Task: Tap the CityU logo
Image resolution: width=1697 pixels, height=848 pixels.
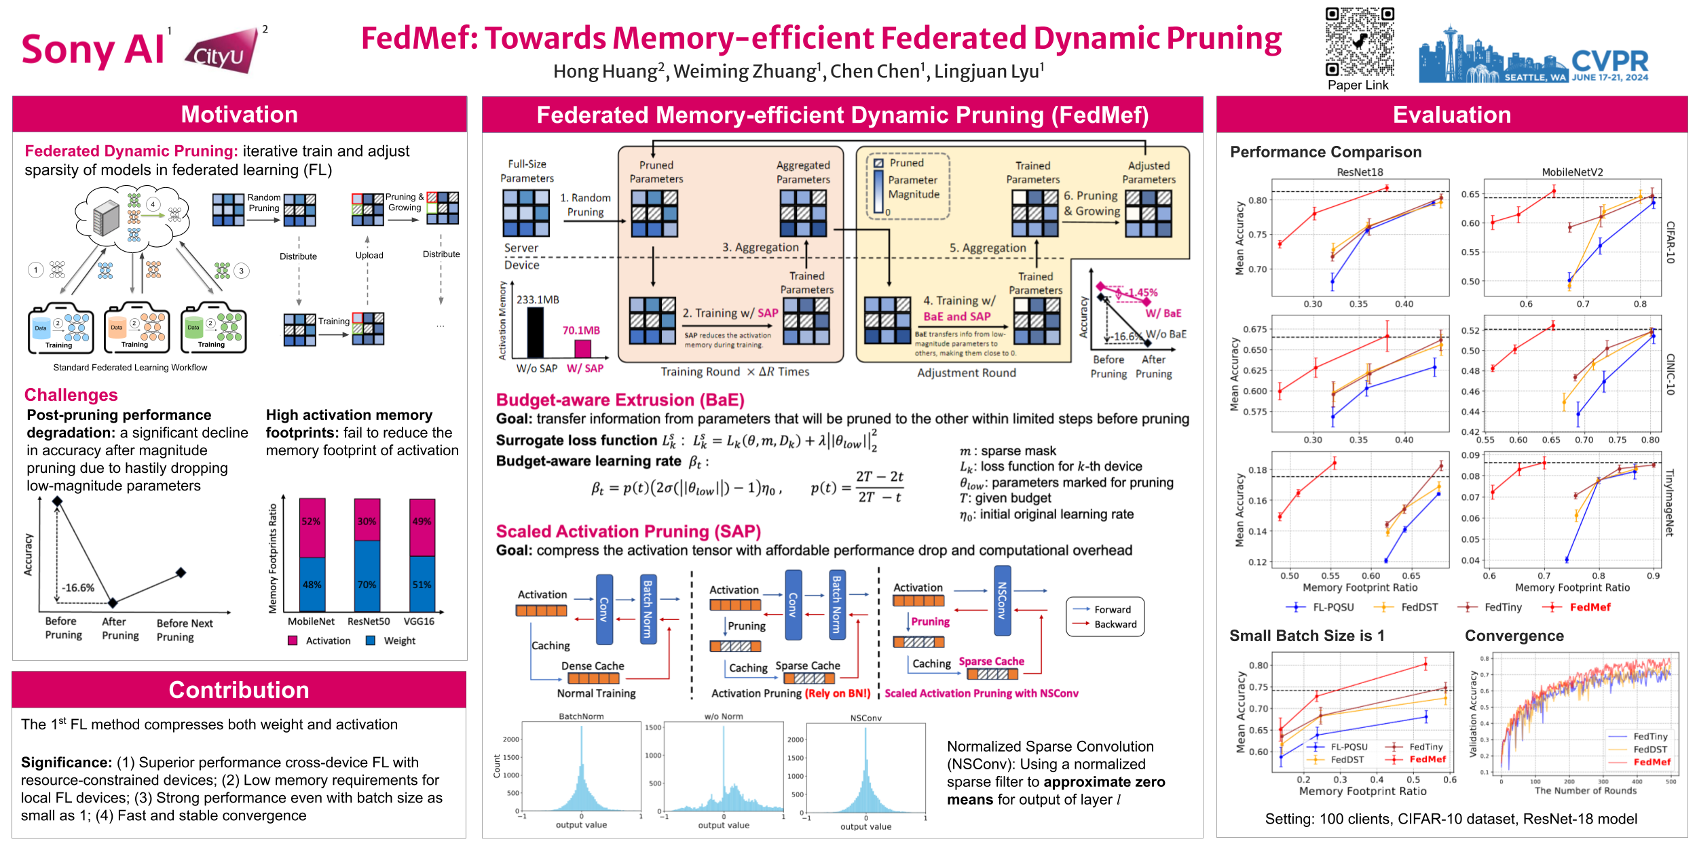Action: click(222, 52)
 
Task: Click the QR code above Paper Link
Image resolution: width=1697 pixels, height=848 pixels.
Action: click(1360, 42)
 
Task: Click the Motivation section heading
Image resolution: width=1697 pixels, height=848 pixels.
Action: click(239, 114)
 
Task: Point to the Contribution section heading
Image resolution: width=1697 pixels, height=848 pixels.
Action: click(239, 690)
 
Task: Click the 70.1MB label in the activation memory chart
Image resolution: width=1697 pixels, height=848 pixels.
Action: click(581, 330)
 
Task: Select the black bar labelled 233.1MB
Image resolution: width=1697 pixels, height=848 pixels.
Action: click(536, 332)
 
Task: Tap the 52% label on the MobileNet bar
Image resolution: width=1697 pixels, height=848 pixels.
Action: click(311, 521)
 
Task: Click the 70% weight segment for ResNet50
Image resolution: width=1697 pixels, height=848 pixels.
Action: click(367, 583)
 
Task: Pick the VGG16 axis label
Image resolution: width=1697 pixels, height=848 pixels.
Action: click(419, 621)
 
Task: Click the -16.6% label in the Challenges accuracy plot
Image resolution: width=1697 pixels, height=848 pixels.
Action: click(78, 588)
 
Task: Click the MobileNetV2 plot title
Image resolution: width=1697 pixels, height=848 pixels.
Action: click(1572, 172)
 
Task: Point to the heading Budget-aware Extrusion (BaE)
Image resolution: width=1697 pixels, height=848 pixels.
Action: click(620, 400)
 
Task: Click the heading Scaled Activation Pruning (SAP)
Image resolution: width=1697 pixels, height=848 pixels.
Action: click(628, 531)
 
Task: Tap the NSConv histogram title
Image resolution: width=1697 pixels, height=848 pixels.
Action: click(865, 718)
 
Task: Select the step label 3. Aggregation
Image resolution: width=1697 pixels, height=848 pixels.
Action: click(760, 248)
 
